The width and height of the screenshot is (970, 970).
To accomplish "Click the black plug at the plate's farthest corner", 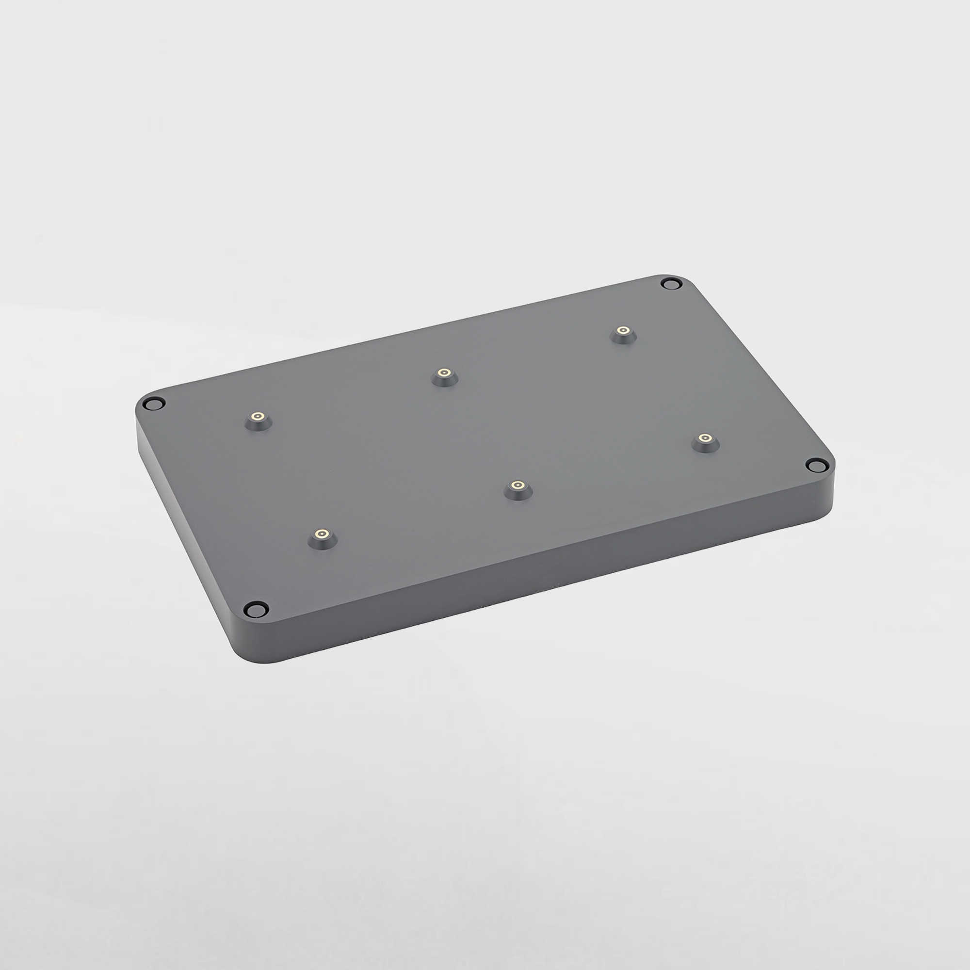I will (x=671, y=285).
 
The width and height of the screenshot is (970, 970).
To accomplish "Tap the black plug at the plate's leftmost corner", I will (x=154, y=403).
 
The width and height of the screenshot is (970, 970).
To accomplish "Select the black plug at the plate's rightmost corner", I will (x=815, y=466).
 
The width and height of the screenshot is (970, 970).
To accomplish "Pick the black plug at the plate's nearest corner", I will (x=256, y=609).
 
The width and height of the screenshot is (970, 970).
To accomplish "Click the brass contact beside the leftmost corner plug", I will (x=258, y=416).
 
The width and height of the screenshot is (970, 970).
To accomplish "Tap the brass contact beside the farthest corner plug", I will (x=623, y=330).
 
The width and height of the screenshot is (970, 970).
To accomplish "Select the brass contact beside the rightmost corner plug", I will (x=705, y=438).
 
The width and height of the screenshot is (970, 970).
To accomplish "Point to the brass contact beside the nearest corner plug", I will (x=322, y=533).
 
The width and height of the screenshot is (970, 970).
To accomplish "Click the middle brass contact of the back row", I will (x=444, y=372).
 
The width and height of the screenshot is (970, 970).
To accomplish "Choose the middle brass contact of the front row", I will (x=517, y=485).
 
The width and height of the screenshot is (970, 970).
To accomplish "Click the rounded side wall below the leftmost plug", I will (x=140, y=427).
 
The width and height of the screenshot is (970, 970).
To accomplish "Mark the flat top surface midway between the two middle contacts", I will (x=481, y=429).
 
